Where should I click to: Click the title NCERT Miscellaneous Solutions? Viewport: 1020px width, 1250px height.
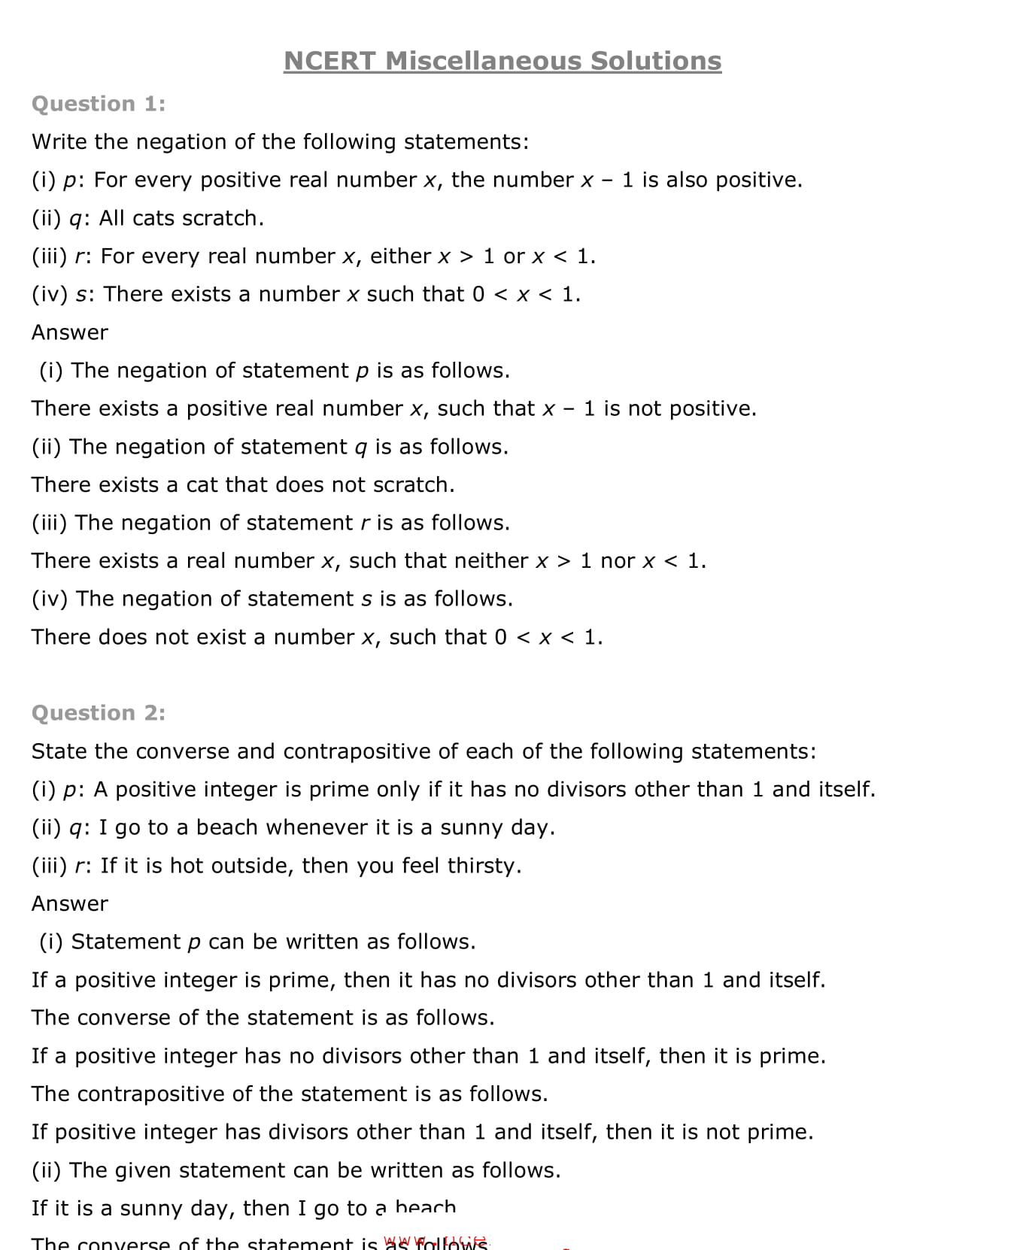point(502,61)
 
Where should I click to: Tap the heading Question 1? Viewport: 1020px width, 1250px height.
point(99,104)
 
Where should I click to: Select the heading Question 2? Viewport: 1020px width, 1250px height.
point(99,713)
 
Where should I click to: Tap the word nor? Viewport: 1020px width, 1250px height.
point(618,561)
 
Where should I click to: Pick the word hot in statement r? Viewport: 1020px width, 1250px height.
point(187,866)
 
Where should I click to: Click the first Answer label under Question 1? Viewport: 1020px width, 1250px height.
point(70,332)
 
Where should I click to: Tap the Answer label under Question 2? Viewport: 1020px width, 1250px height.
point(70,904)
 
